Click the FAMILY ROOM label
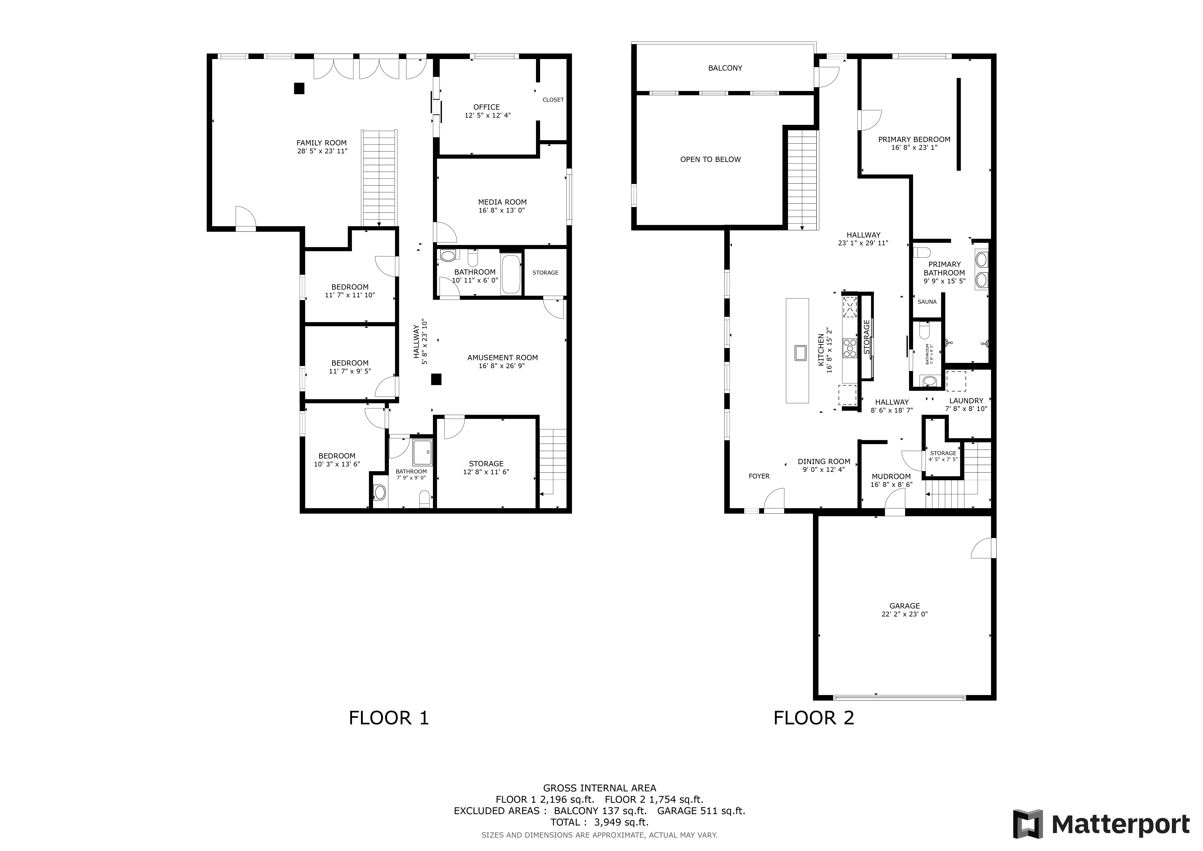pyautogui.click(x=322, y=143)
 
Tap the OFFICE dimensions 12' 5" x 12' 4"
pyautogui.click(x=487, y=115)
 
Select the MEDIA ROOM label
pyautogui.click(x=502, y=202)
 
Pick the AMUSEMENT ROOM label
pyautogui.click(x=502, y=357)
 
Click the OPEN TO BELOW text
pyautogui.click(x=710, y=159)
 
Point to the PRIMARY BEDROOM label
pyautogui.click(x=914, y=139)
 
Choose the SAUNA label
pyautogui.click(x=927, y=302)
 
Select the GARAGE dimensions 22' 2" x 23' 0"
pyautogui.click(x=904, y=614)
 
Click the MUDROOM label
pyautogui.click(x=891, y=476)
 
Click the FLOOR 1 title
pyautogui.click(x=389, y=718)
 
